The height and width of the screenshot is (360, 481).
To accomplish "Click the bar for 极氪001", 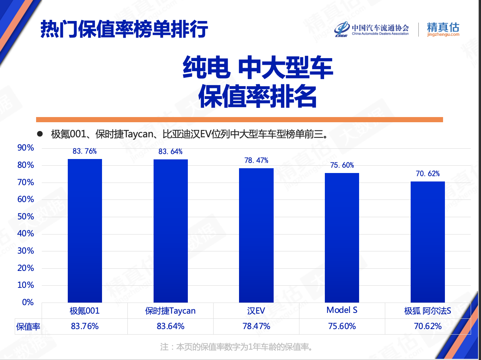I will click(85, 230).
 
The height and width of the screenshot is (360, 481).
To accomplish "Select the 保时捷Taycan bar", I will click(171, 231).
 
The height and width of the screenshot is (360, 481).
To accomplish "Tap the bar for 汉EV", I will click(256, 235).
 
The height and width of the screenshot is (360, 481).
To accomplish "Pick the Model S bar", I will click(342, 237).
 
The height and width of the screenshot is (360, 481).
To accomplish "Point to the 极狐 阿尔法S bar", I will click(428, 242).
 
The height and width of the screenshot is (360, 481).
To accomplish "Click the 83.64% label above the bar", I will click(171, 152).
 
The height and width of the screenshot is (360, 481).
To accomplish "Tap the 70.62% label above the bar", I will click(428, 174).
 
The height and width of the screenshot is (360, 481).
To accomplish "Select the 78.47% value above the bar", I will click(256, 160).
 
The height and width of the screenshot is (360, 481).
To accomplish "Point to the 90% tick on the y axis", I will click(26, 148).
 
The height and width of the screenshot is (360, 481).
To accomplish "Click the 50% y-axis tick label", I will click(26, 216).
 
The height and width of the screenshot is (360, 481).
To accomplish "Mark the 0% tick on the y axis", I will click(28, 302).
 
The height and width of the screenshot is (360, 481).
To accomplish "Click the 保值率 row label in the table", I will click(28, 327).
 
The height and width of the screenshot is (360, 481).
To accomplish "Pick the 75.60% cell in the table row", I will click(342, 326).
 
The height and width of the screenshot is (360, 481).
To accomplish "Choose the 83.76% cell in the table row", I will click(85, 326).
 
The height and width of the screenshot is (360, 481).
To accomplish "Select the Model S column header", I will click(342, 310).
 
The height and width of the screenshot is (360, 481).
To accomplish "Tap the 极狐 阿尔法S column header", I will click(428, 311).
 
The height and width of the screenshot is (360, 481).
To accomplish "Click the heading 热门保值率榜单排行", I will click(124, 29).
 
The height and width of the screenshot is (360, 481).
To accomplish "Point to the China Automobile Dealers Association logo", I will click(372, 29).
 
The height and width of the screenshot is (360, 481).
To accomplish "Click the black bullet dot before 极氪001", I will click(40, 134).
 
